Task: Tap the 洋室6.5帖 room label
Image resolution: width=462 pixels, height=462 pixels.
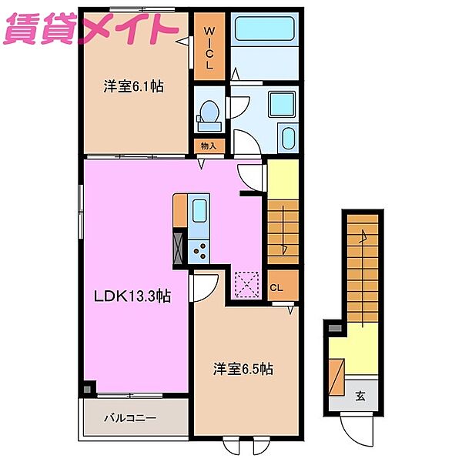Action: [243, 370]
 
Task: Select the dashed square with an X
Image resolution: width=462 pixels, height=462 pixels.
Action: [246, 283]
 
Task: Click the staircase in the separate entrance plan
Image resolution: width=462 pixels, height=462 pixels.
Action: [360, 266]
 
